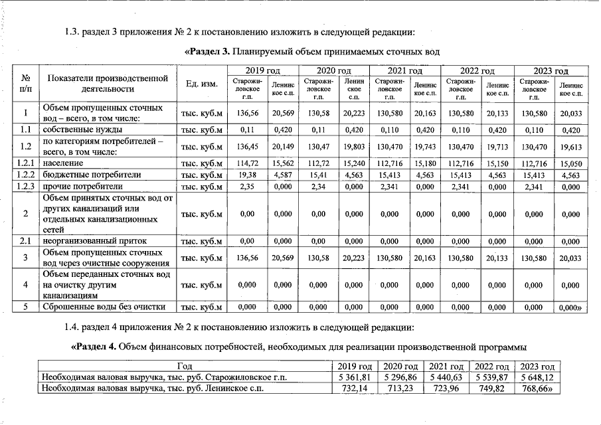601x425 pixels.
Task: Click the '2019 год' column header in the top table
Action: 262,71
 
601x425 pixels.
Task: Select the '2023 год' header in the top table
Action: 551,71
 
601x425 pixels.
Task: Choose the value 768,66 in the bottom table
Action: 538,388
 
